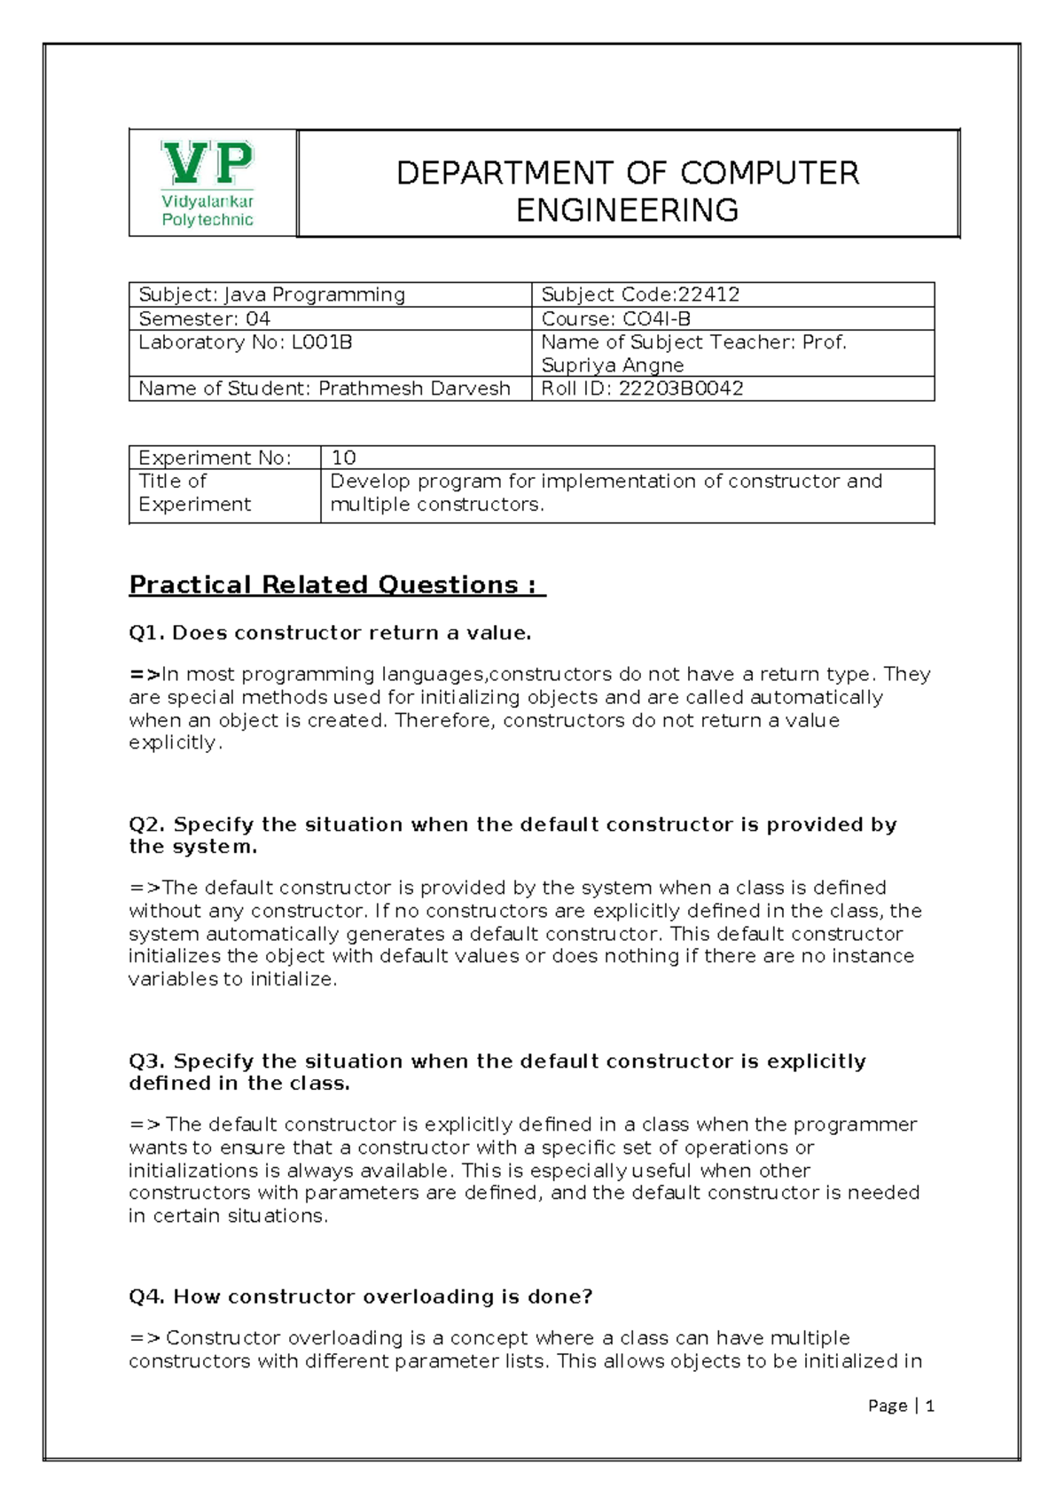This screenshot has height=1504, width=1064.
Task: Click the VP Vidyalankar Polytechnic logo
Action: click(208, 184)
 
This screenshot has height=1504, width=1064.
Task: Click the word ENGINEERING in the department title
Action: click(627, 211)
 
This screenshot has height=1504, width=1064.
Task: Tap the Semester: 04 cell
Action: click(205, 318)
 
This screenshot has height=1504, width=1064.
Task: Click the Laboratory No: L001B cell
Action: click(245, 342)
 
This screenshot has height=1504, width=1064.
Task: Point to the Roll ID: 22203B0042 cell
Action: click(642, 388)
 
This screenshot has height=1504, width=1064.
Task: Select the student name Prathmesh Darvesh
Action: click(414, 388)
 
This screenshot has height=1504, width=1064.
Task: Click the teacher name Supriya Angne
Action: click(612, 365)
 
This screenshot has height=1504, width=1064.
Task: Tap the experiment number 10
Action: click(343, 458)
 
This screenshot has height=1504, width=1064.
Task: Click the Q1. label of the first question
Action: click(146, 633)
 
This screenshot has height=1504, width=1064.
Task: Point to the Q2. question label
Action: click(146, 825)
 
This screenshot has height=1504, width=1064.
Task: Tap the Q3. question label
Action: click(146, 1061)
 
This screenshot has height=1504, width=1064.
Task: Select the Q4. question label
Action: click(146, 1296)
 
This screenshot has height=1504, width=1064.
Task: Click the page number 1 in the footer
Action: click(930, 1406)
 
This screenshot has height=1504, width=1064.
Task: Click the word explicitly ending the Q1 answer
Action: click(172, 743)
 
